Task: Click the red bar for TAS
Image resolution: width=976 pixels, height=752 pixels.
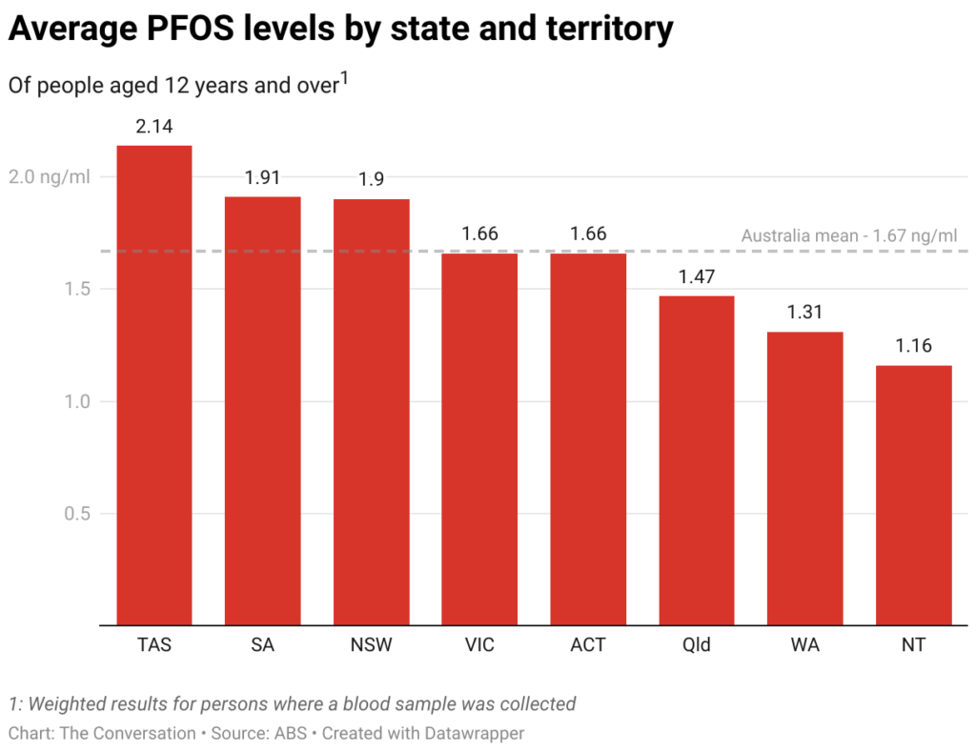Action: coord(153,385)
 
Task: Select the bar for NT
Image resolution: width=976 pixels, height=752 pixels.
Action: coord(914,495)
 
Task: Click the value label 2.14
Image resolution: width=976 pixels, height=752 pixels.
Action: coord(153,126)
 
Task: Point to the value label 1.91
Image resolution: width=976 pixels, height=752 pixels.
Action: coord(262,177)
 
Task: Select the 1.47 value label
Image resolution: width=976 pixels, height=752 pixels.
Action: coord(697,276)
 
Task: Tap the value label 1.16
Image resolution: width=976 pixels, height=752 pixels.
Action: coord(914,346)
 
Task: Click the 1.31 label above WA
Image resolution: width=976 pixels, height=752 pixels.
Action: coord(805,312)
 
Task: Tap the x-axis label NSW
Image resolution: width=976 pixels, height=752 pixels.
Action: coord(371,645)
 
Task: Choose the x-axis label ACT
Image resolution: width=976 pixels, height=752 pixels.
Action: coord(588,645)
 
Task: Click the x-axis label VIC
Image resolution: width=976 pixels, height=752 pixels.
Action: coord(479,645)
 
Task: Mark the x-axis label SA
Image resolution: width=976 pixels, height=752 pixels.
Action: coord(262,645)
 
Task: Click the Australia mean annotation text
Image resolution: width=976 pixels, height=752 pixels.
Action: coord(848,235)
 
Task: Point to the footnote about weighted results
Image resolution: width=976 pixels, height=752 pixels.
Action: coord(292,704)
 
